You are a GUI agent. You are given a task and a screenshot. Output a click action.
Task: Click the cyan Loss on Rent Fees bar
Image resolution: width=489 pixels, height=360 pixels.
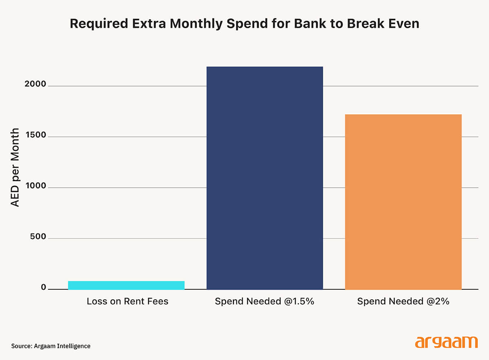(x=126, y=285)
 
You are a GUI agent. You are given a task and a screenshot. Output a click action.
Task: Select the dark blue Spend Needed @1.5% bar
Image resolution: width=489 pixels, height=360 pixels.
(x=265, y=178)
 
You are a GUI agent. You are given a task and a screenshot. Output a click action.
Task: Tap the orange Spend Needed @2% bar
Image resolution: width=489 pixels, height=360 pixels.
(x=403, y=202)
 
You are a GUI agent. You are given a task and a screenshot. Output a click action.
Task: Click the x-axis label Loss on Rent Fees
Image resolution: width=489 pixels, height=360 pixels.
(x=127, y=302)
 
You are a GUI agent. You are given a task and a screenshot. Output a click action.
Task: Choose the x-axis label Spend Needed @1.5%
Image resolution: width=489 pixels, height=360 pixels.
(x=265, y=302)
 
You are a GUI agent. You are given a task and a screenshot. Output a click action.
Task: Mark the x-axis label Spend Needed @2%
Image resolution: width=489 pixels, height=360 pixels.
(x=403, y=302)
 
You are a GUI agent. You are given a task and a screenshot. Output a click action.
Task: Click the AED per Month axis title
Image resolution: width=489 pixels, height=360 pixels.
(x=15, y=167)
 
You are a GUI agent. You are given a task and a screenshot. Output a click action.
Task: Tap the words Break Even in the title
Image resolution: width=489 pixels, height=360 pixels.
(x=383, y=23)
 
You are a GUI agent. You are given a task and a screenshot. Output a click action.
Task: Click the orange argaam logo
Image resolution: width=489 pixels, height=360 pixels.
(x=446, y=342)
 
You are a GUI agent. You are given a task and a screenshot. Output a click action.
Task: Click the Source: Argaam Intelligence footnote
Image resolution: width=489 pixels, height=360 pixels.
(x=51, y=346)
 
